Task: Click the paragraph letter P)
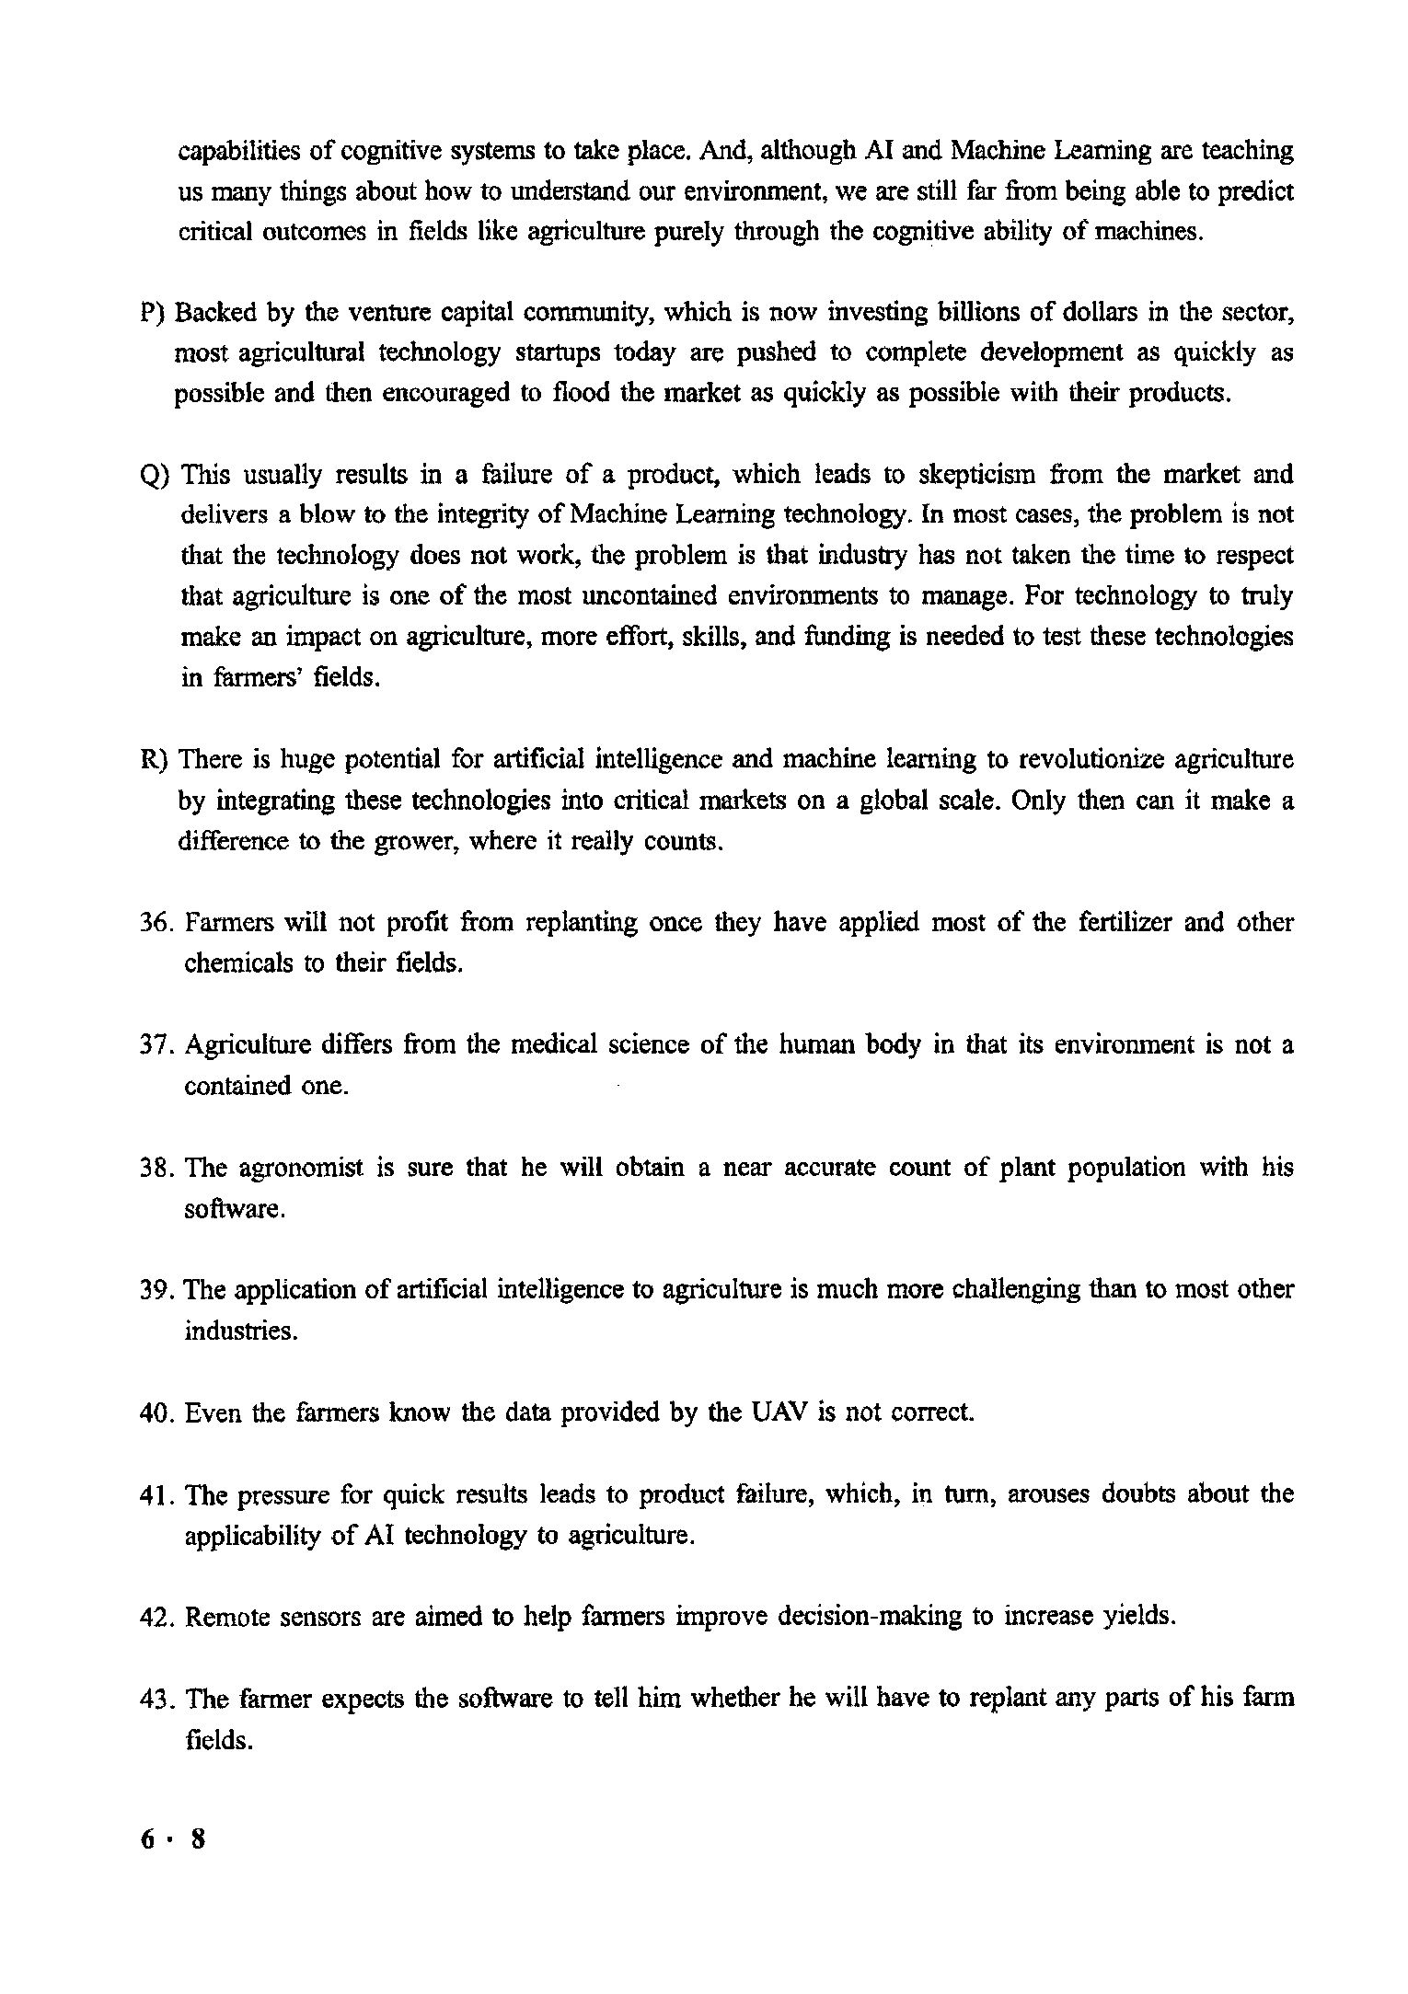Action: (151, 314)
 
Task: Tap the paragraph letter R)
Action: (153, 761)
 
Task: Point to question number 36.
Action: (156, 923)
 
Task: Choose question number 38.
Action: (156, 1169)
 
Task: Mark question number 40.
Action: (156, 1412)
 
